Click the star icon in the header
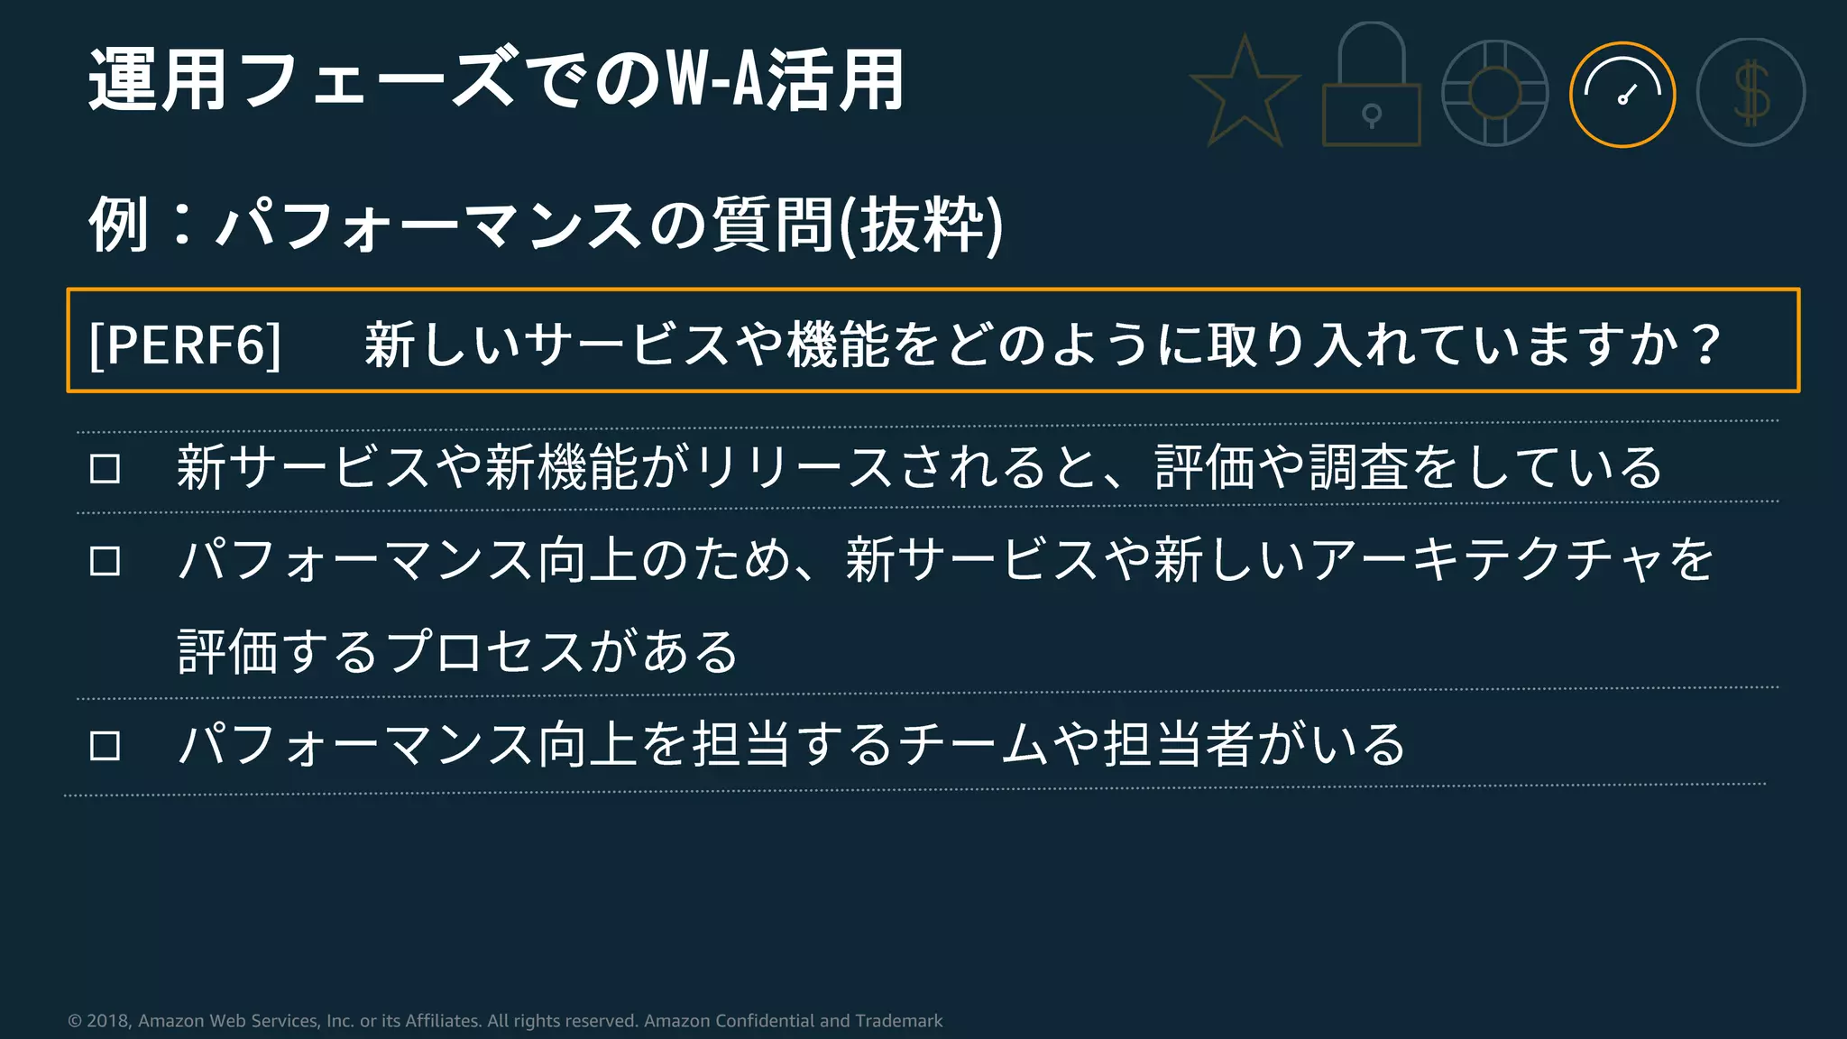coord(1245,92)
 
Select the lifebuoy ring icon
coord(1494,93)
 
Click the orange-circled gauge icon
coord(1622,94)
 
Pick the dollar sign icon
coord(1751,93)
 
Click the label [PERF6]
coord(186,344)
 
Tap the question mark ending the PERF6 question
coord(1705,344)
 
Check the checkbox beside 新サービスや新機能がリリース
coord(105,469)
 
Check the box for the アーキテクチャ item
coord(105,561)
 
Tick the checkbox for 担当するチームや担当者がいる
coord(105,746)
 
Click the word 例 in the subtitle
coord(118,225)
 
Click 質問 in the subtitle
coord(772,225)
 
